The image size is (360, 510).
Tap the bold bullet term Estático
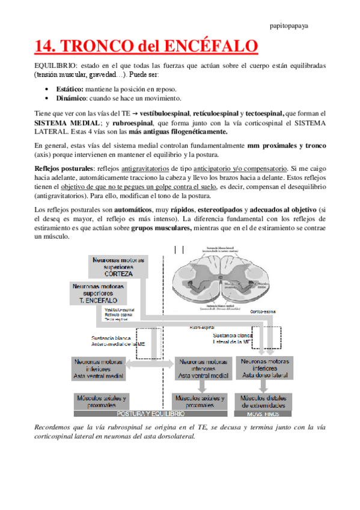pyautogui.click(x=70, y=88)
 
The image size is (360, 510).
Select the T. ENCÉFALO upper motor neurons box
pyautogui.click(x=99, y=293)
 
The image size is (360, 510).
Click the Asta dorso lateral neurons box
pyautogui.click(x=264, y=367)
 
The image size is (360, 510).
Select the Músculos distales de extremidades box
pyautogui.click(x=264, y=401)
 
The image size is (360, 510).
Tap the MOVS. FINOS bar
pyautogui.click(x=264, y=414)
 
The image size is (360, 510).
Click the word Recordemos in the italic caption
pyautogui.click(x=53, y=426)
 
